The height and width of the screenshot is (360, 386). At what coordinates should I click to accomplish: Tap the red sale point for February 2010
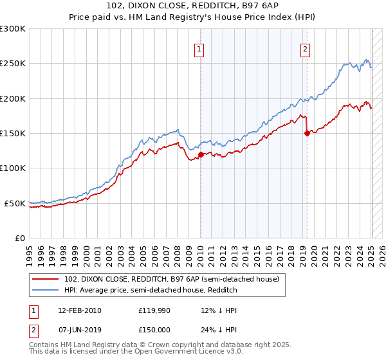coord(201,154)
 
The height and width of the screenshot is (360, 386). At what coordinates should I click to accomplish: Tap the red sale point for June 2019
coord(307,133)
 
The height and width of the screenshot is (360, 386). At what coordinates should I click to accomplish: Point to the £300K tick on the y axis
coord(13,29)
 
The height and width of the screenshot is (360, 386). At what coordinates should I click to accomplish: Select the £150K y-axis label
coord(13,133)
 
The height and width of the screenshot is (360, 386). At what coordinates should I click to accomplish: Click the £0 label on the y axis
coord(19,238)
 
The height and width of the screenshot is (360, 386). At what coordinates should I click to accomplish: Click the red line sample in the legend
coord(46,279)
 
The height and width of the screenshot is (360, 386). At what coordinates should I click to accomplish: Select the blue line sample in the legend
coord(46,291)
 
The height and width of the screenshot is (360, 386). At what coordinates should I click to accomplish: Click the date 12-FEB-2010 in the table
coord(80,310)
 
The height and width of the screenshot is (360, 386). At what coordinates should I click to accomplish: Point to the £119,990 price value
coord(154,310)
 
